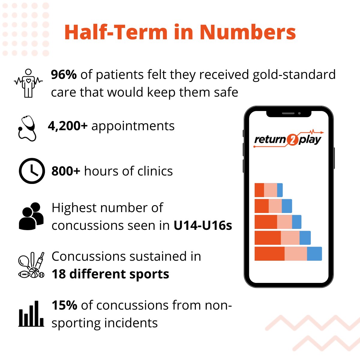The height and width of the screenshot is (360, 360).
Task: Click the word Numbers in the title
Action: (x=248, y=32)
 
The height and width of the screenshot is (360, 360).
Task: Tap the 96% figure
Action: (x=64, y=75)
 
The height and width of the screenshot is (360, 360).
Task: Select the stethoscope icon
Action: (x=27, y=128)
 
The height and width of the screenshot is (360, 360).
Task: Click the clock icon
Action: (x=32, y=171)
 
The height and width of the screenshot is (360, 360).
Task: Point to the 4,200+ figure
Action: (x=67, y=126)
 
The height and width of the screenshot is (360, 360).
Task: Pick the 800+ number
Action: (x=66, y=171)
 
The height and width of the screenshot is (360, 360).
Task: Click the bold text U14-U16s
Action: (x=203, y=226)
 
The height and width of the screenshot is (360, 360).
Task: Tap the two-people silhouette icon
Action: (x=31, y=216)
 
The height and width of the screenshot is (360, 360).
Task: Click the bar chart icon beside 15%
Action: (x=31, y=314)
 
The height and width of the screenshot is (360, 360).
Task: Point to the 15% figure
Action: (x=64, y=305)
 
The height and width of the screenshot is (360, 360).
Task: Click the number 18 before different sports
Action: (x=58, y=274)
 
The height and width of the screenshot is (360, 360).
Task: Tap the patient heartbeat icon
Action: (x=28, y=83)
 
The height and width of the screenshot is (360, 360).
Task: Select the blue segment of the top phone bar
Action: (x=280, y=190)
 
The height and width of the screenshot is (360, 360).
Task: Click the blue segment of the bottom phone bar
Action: (x=314, y=253)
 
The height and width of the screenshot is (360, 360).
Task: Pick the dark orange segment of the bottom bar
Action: (x=269, y=253)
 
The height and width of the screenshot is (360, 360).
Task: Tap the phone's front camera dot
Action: (x=299, y=113)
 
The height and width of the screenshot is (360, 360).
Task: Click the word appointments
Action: (x=133, y=126)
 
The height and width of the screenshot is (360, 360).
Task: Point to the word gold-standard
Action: (x=294, y=75)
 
